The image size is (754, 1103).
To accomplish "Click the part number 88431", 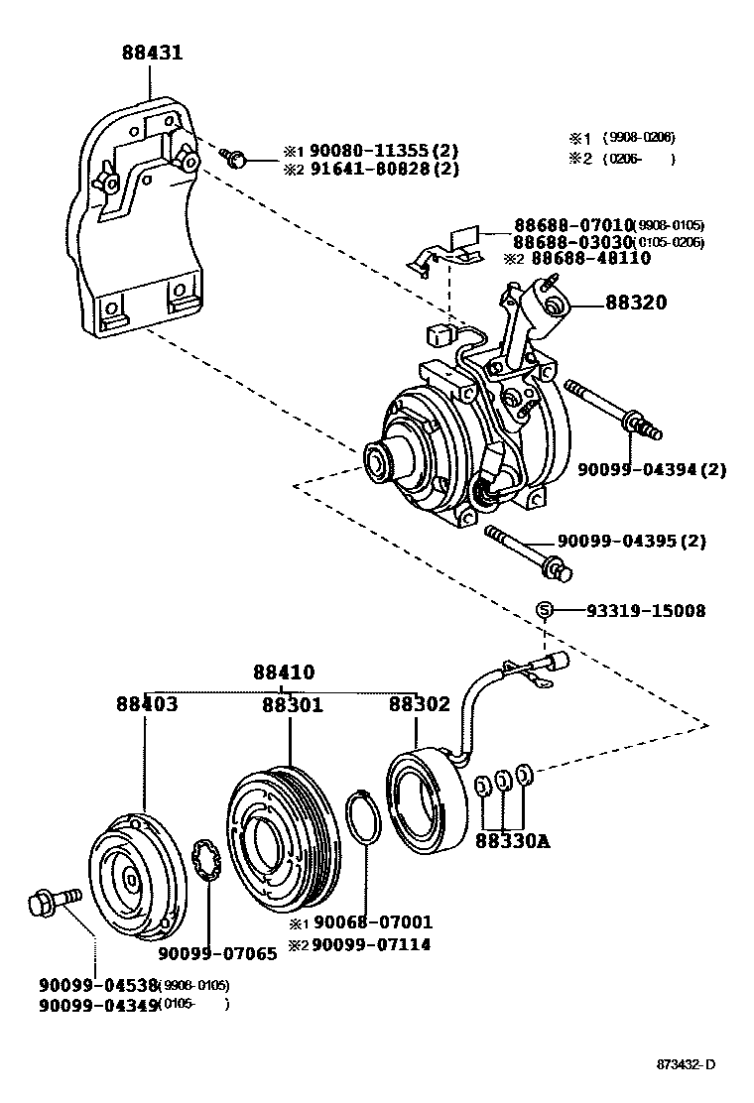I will pos(152,53).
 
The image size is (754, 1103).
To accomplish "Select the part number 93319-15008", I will pos(632,611).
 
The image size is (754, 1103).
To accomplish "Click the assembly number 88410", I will pos(282,672).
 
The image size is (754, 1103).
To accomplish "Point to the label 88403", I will pos(146,704).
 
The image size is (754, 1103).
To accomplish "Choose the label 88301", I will pos(292,704).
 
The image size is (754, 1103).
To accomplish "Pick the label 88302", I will pos(419,704).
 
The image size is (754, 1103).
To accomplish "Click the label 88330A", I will pos(512,842).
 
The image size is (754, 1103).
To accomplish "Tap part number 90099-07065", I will pos(217,954).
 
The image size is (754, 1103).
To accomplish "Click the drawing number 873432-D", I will pos(686,1065).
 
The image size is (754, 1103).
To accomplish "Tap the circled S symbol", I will pos(544,610).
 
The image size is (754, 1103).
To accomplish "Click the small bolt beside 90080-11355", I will pos(237,158).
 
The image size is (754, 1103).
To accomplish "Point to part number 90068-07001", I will pos(372,922).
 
